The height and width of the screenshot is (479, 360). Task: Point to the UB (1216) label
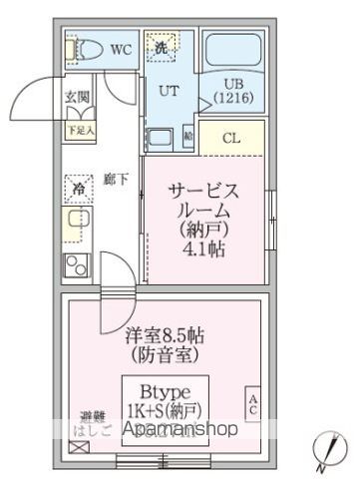coord(232,89)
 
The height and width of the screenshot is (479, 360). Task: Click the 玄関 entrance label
coord(79,97)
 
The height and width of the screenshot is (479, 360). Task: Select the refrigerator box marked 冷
coord(78,186)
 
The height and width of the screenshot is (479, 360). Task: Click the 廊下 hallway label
coord(117,181)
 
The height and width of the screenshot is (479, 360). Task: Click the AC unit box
coord(252,406)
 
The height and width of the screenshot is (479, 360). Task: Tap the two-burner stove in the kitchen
coord(77,266)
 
